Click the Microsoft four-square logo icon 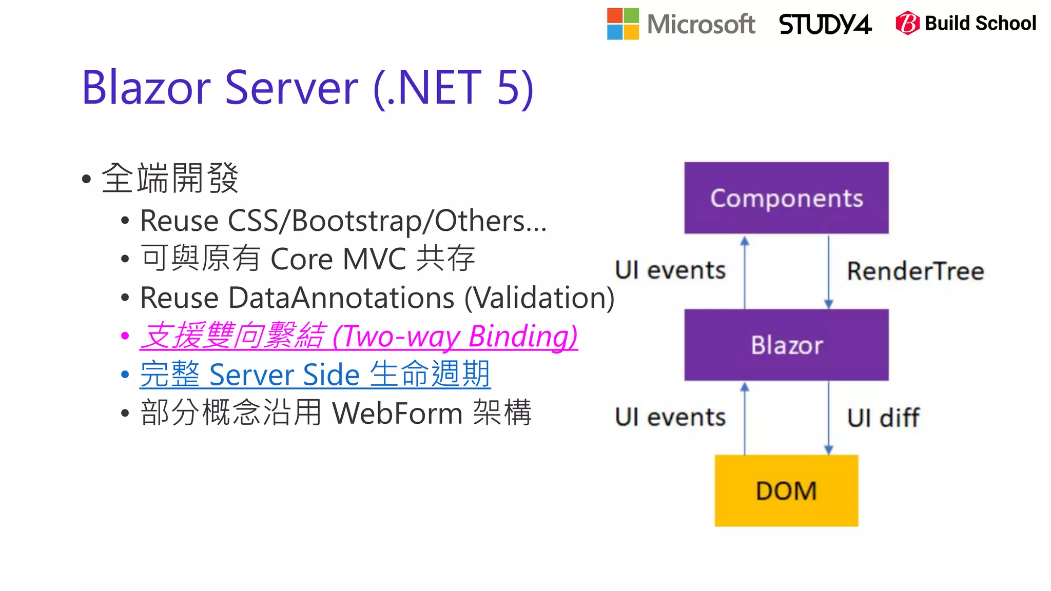point(622,24)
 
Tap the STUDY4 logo point(825,24)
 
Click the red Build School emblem point(907,23)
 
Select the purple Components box point(786,198)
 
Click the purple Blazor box point(786,345)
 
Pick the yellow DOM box point(786,490)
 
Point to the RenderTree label point(915,271)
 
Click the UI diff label point(883,418)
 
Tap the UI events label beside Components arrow point(670,270)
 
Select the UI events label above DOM point(670,417)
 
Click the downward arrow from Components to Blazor point(828,272)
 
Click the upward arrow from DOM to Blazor point(745,418)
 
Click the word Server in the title point(291,88)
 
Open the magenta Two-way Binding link point(359,337)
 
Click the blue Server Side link point(315,375)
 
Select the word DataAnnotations point(341,298)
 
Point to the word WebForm point(398,413)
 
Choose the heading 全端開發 point(170,179)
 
